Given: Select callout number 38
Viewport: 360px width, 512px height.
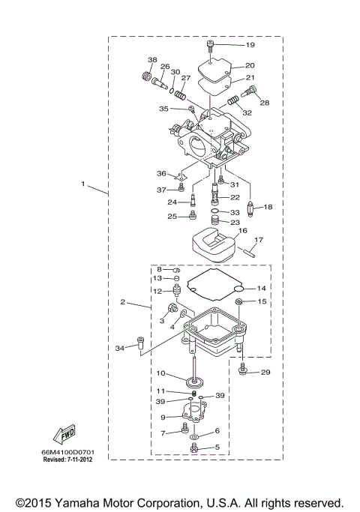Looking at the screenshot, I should click(x=152, y=60).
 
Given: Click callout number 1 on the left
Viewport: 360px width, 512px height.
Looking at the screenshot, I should click(x=84, y=184).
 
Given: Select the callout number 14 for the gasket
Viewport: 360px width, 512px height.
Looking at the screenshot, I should click(x=260, y=288).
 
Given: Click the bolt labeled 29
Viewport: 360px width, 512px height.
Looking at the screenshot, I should click(x=243, y=371).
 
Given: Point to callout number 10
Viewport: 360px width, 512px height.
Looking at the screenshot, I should click(x=162, y=373).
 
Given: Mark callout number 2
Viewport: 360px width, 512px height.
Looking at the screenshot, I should click(x=122, y=303).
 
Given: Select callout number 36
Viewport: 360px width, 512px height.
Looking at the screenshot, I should click(x=161, y=173).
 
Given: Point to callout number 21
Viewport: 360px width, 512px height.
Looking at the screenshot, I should click(x=250, y=77).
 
